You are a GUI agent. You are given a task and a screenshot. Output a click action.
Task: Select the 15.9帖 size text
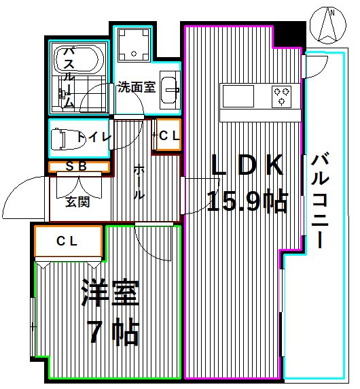pyautogui.click(x=247, y=202)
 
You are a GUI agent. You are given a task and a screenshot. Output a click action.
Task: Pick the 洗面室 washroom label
pyautogui.click(x=136, y=87)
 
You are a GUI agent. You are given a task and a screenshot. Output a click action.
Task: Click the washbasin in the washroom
pyautogui.click(x=170, y=88)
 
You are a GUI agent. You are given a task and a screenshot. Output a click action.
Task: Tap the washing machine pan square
pyautogui.click(x=134, y=45)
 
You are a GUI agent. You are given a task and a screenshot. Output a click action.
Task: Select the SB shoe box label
pyautogui.click(x=79, y=167)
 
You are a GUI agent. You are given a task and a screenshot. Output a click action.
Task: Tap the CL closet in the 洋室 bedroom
pyautogui.click(x=68, y=241)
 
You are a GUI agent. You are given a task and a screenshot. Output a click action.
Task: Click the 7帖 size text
pyautogui.click(x=113, y=333)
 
